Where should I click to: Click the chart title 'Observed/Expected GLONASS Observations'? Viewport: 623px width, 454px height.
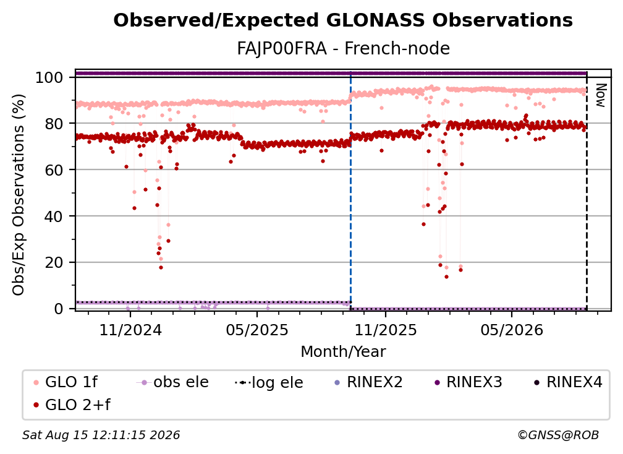click(343, 20)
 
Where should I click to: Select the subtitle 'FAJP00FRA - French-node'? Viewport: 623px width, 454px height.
click(343, 49)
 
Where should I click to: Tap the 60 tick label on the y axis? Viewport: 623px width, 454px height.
click(54, 169)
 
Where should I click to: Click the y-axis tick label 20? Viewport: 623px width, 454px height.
click(54, 262)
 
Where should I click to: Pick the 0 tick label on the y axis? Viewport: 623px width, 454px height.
click(59, 309)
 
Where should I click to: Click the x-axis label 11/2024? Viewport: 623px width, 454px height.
click(130, 330)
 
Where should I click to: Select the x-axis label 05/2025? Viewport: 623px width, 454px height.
click(257, 330)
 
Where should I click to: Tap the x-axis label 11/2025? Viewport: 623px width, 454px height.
click(386, 330)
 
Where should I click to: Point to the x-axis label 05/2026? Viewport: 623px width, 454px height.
click(512, 330)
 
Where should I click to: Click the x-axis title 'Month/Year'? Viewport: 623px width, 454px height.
click(343, 352)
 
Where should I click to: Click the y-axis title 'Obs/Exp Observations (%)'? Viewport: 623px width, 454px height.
click(19, 195)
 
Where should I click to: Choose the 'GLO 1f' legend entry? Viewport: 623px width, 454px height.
click(66, 382)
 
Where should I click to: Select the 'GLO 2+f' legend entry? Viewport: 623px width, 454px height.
click(72, 405)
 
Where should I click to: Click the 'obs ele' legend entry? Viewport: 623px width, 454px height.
click(172, 382)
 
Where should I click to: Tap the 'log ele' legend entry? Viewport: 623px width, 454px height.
click(269, 382)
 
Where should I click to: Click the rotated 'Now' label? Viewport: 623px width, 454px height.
click(601, 95)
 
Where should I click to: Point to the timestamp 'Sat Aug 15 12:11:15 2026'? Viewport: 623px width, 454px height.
click(101, 435)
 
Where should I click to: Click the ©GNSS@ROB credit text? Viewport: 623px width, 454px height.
click(558, 435)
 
